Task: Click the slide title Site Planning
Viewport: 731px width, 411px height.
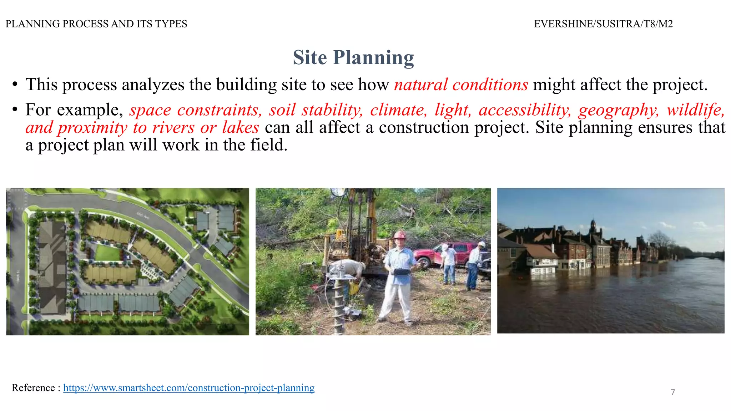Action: [353, 57]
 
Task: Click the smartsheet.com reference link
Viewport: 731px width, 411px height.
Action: [189, 388]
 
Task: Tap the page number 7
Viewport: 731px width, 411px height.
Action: [673, 392]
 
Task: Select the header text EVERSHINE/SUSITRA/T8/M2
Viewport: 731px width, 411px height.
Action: [603, 24]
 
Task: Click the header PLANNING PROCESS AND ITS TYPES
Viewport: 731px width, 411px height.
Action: [96, 24]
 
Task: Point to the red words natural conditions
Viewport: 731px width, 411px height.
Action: [461, 85]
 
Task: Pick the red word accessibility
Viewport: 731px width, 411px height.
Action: [525, 110]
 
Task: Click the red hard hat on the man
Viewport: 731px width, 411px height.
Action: [399, 235]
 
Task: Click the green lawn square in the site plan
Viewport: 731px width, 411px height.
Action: [107, 253]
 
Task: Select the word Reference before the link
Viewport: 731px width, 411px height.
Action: [33, 388]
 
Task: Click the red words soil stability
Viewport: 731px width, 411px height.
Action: [316, 110]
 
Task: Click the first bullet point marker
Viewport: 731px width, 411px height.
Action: [15, 85]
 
